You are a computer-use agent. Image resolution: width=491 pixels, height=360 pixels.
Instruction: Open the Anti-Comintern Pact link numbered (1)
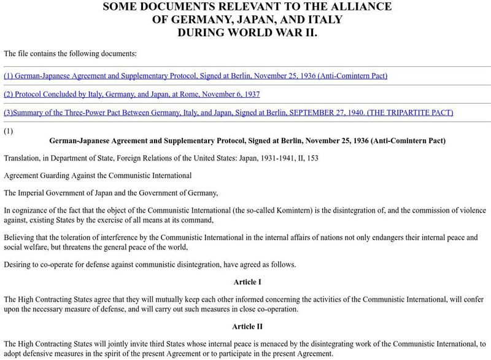coord(195,76)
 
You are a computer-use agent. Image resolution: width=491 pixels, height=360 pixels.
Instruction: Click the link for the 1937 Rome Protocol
coord(131,94)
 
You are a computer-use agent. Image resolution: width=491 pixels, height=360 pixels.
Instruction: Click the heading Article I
coord(247,282)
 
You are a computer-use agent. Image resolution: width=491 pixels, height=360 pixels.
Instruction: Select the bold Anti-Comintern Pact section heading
coord(247,141)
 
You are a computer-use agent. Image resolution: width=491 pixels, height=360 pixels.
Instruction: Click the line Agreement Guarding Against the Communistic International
coord(98,176)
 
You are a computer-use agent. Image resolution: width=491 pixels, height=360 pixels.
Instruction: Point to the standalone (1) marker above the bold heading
coord(9,131)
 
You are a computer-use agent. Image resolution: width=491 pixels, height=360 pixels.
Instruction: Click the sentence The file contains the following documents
coord(70,53)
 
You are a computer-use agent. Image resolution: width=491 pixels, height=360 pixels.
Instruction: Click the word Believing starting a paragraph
coord(21,237)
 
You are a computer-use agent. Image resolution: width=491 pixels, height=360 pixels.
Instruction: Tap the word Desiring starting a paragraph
coord(20,264)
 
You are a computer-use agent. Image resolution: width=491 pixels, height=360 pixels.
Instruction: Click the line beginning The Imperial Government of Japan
coord(110,193)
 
